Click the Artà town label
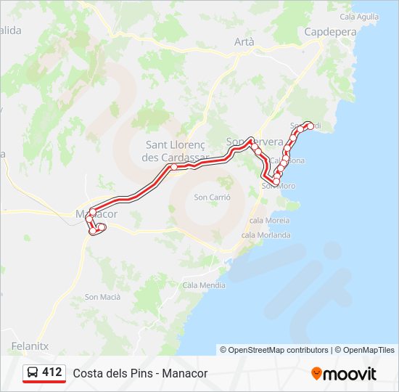[244, 42]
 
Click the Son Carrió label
[212, 197]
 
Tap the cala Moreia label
[268, 220]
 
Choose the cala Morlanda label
[266, 234]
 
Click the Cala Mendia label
[204, 285]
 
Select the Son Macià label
[102, 296]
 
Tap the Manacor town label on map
[96, 215]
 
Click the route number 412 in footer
[52, 372]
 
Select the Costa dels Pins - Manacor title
[140, 373]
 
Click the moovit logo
[344, 373]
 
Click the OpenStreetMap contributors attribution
[278, 350]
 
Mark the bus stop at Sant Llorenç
[174, 167]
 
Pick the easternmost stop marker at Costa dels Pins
[310, 126]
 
